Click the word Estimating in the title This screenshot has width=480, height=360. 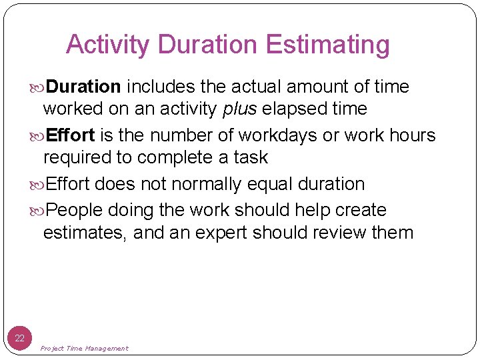pos(327,45)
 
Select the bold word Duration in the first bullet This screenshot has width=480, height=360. pos(84,87)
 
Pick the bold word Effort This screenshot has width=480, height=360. pos(71,135)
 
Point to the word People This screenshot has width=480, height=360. pos(75,210)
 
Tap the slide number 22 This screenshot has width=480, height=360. pos(20,338)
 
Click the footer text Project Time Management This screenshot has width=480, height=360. pos(85,348)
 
